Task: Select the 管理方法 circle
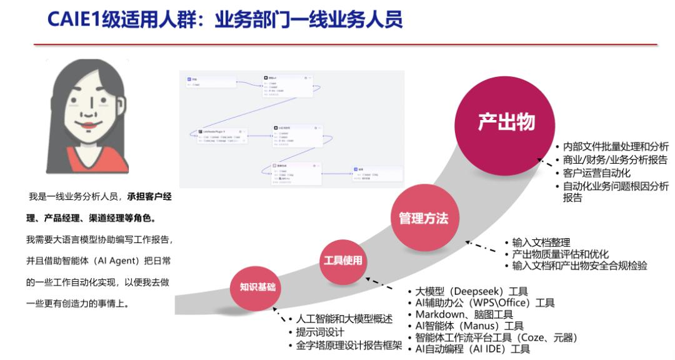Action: click(423, 218)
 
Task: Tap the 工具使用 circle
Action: click(342, 260)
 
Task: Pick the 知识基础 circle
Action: click(257, 287)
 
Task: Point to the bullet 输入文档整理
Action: click(541, 242)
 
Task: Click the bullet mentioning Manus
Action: click(469, 326)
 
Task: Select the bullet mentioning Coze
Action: click(496, 337)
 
